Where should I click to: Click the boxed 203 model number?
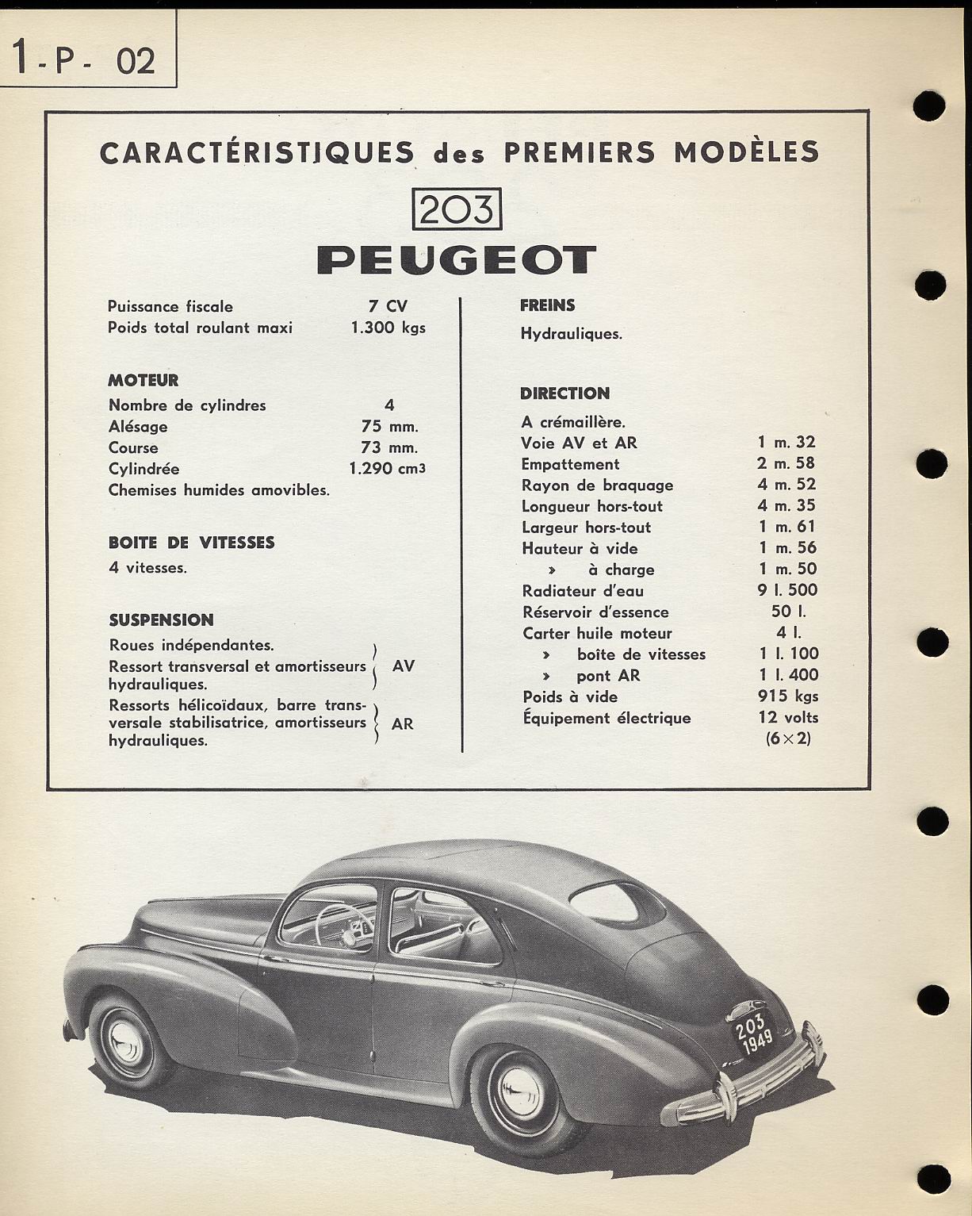458,209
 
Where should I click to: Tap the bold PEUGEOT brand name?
457,260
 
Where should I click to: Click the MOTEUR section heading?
144,381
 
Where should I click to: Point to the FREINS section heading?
548,305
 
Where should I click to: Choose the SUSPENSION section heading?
161,620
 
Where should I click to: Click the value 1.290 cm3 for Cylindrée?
387,469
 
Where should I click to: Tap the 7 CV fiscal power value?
388,306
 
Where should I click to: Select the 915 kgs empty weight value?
787,696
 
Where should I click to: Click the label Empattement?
570,464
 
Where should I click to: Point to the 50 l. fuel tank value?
787,612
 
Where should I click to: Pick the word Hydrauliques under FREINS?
571,334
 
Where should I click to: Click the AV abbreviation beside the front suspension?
403,666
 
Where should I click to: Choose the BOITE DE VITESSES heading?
191,543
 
